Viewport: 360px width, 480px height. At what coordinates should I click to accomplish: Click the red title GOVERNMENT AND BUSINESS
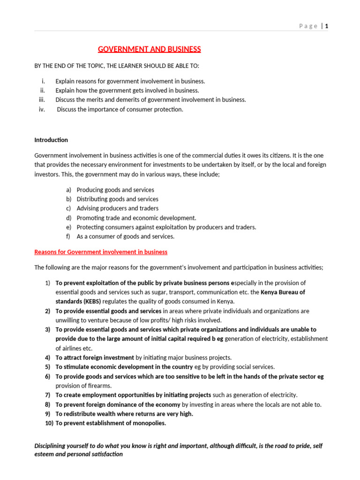[149, 49]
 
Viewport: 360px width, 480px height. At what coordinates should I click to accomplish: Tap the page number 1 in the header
[326, 26]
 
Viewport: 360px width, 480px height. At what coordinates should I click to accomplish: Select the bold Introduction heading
[51, 140]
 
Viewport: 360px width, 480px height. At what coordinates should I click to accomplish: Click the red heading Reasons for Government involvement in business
[101, 252]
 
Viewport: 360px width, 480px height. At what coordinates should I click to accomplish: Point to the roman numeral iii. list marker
[41, 99]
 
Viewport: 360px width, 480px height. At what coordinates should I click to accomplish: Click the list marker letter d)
[68, 218]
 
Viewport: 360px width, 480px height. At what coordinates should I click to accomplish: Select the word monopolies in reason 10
[150, 423]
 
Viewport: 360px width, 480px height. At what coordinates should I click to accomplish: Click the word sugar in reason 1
[141, 292]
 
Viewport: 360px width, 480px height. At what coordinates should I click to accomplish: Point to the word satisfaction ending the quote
[105, 454]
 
